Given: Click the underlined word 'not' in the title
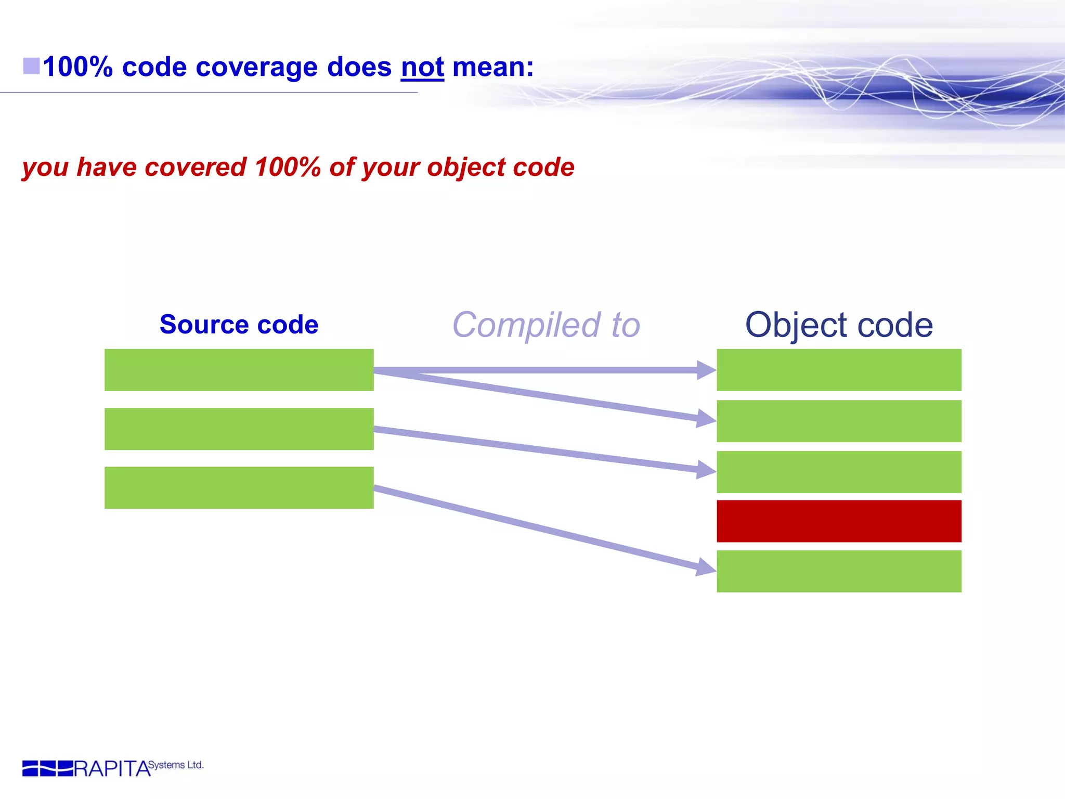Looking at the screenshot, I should [x=422, y=68].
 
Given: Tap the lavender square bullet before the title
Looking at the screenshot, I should [x=31, y=66].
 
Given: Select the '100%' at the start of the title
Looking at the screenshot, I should [x=78, y=68].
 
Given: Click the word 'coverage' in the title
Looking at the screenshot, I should [x=256, y=68].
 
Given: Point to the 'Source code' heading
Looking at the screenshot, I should [x=239, y=325].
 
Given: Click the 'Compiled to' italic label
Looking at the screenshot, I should [x=546, y=325].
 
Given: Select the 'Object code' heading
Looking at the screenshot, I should [x=839, y=325].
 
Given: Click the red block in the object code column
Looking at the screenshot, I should [x=839, y=521].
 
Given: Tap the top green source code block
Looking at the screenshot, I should [x=239, y=370].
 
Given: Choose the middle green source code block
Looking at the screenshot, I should [x=239, y=429].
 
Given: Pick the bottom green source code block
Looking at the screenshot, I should [x=239, y=487].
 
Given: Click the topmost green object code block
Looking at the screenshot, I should [x=839, y=370].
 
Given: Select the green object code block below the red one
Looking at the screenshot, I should [x=839, y=571].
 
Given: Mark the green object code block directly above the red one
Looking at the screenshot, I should [x=839, y=472].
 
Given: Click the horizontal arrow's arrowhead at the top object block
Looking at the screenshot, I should [x=706, y=370].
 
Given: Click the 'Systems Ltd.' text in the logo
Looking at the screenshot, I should [x=176, y=765].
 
